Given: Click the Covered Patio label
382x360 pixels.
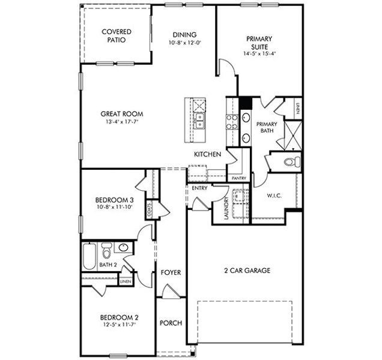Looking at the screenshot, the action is tap(117, 36).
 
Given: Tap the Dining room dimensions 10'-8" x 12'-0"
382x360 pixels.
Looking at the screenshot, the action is tap(184, 43).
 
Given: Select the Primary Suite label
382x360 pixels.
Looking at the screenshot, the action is tap(259, 43).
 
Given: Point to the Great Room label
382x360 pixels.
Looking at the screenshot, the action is tap(122, 113).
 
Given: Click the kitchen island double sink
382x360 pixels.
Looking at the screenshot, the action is tap(199, 121).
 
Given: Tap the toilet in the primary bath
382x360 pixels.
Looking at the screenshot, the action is tap(293, 161).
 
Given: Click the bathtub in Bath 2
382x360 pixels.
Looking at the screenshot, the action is tap(89, 256).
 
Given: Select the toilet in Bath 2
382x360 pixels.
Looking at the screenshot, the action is tap(106, 250).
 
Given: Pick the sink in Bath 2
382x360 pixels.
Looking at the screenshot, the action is tap(123, 248).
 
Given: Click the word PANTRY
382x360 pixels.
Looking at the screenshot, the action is tap(239, 178).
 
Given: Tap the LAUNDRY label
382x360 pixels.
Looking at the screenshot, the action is tap(226, 208).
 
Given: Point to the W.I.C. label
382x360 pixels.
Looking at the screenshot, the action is tap(274, 196).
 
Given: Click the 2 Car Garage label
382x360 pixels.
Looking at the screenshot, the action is tap(247, 271).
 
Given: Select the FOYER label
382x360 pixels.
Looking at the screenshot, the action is tap(171, 272).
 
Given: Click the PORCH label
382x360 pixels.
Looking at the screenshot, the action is tap(171, 323).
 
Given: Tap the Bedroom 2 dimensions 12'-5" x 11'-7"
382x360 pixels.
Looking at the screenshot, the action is tap(120, 325).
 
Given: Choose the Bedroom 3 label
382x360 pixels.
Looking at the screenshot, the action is tap(115, 200).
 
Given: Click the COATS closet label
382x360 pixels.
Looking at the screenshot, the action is tap(149, 210).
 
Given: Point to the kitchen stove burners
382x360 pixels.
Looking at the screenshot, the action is tap(232, 122).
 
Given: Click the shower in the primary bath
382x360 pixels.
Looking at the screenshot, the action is tap(293, 136).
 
